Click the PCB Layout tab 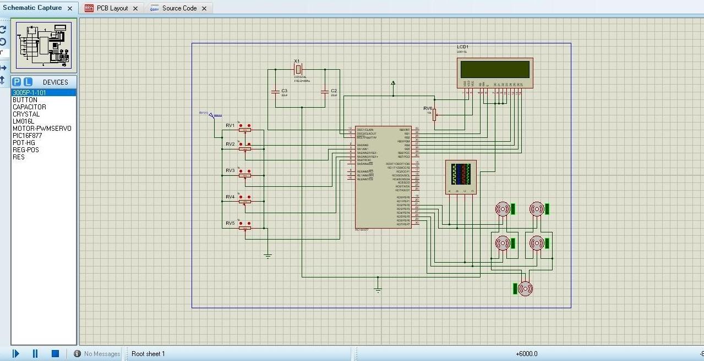(112, 8)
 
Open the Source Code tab (179, 8)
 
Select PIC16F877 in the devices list (27, 135)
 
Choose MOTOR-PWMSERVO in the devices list (42, 128)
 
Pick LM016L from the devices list (23, 121)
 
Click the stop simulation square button (55, 353)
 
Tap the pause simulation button (35, 353)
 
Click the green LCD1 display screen (495, 69)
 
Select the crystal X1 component (298, 69)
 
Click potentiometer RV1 (245, 127)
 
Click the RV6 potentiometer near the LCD (435, 114)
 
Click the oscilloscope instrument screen (460, 174)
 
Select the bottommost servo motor (525, 288)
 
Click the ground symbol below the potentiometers (268, 256)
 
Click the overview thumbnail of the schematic (44, 46)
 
